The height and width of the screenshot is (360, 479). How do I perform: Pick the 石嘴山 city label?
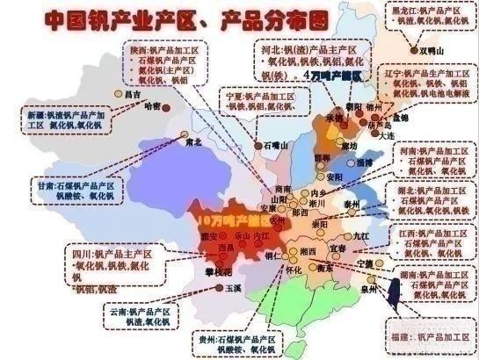point(276,146)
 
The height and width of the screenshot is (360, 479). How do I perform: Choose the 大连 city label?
point(387,136)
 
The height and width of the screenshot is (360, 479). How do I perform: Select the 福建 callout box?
point(428,335)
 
